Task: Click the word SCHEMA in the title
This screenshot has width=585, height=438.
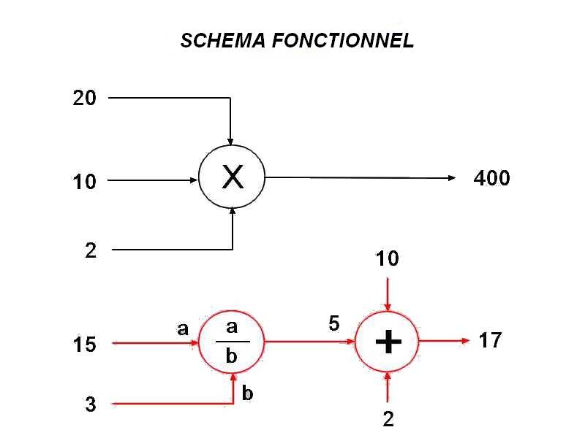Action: tap(223, 41)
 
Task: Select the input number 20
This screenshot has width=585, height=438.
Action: tap(85, 98)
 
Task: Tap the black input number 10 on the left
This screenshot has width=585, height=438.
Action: tap(85, 182)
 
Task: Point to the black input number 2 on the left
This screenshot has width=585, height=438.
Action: tap(91, 251)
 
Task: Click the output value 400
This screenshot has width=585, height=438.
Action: tap(491, 178)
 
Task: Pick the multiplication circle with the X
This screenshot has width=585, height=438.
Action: tap(232, 177)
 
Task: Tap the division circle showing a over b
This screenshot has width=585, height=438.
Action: tap(232, 342)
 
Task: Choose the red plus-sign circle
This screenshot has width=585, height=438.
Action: tap(388, 342)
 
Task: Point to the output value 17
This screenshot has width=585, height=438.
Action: tap(490, 340)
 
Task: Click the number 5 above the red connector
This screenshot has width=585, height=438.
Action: tap(334, 323)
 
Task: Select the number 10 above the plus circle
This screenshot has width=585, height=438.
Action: tap(388, 258)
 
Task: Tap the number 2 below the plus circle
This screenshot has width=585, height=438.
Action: tap(388, 419)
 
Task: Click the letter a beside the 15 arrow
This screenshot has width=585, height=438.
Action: tap(183, 329)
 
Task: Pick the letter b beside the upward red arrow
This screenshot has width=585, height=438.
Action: tap(247, 394)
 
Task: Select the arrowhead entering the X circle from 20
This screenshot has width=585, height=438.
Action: tap(231, 140)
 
